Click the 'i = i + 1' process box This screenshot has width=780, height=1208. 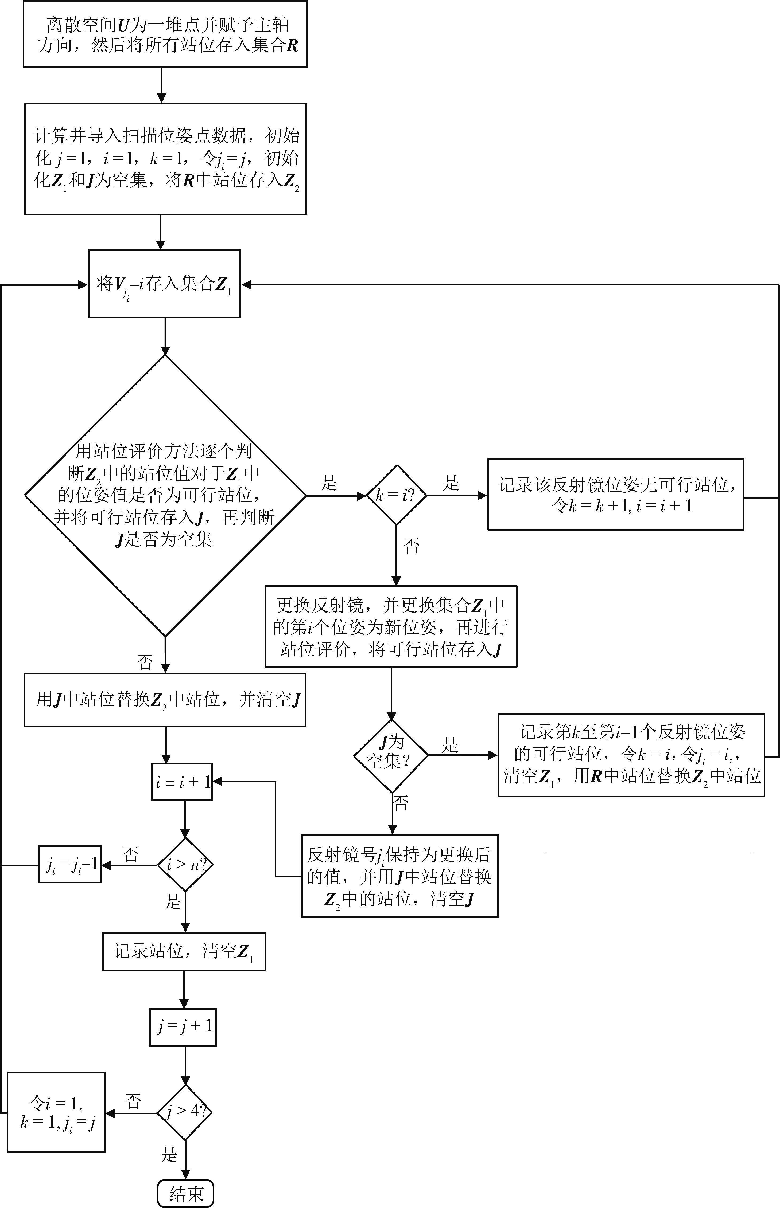[182, 782]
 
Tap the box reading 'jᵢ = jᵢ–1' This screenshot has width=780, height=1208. [70, 864]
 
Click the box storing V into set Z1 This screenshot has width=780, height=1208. [164, 284]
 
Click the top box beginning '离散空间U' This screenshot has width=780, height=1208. [165, 34]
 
